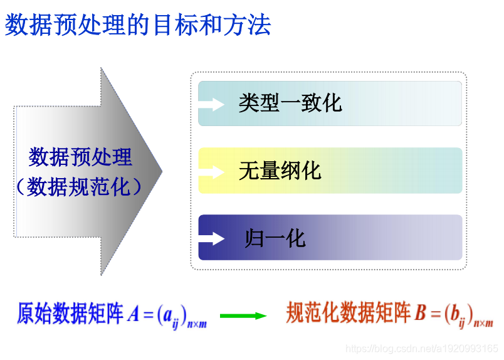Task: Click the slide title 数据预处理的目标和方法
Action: (x=138, y=25)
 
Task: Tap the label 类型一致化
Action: (x=290, y=103)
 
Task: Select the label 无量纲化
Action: (x=280, y=171)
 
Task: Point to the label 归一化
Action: (x=275, y=238)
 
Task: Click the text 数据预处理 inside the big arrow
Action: (x=81, y=157)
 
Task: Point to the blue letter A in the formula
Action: (x=133, y=314)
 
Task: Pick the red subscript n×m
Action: (x=483, y=324)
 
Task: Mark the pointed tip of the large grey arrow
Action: (x=162, y=171)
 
